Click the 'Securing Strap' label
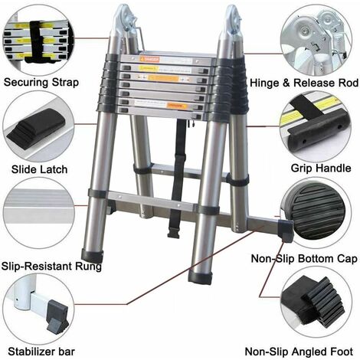point(44,82)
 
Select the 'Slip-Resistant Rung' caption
point(51,266)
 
